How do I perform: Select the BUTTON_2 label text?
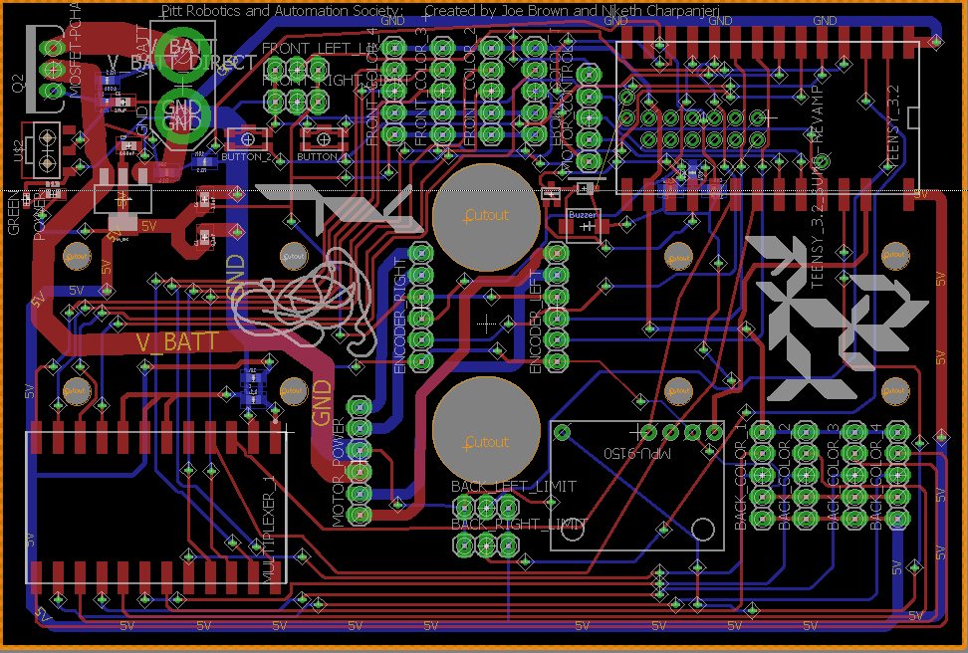coord(246,157)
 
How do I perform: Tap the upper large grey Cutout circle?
coord(486,215)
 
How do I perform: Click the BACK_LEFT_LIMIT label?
coord(514,487)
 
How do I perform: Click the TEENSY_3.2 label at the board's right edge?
coord(893,118)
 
